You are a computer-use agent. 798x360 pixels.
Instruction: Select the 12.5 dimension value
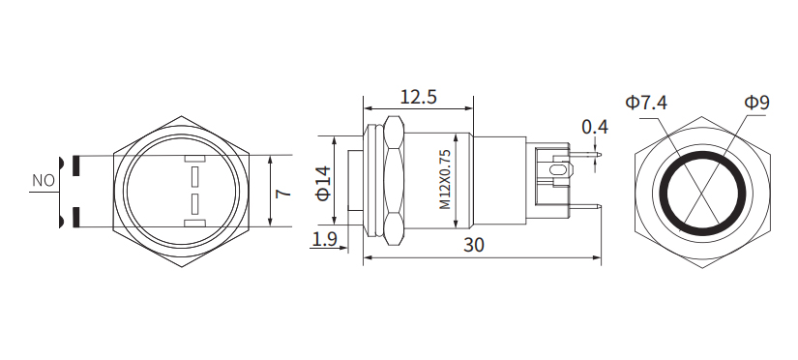coord(418,97)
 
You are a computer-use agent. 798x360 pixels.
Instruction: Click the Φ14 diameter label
coord(323,182)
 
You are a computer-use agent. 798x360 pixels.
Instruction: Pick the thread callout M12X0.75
coord(445,180)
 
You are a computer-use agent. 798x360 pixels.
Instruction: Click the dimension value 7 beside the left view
coord(281,193)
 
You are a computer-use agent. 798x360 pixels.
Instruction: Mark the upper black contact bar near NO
coord(74,165)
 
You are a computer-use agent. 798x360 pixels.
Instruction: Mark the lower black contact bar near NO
coord(74,218)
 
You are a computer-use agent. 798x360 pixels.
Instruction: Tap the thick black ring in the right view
coord(664,192)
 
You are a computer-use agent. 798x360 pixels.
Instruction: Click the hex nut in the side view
coord(394,180)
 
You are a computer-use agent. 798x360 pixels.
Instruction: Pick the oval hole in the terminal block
coord(556,172)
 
